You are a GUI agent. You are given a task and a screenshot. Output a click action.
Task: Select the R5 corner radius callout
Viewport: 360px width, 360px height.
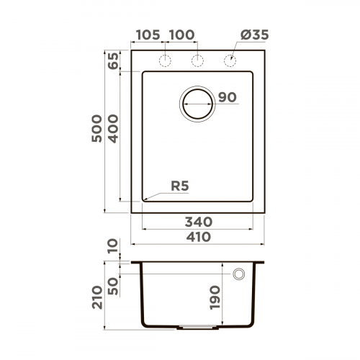tap(180, 186)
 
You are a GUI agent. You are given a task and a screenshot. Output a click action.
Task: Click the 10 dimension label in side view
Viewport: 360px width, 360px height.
tap(113, 249)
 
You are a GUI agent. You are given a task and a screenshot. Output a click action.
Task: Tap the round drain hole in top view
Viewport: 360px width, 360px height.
tap(197, 103)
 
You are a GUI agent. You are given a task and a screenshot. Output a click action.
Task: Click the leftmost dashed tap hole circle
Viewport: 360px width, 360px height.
tap(164, 60)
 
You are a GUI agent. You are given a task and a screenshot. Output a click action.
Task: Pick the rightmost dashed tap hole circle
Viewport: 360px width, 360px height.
tap(231, 60)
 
